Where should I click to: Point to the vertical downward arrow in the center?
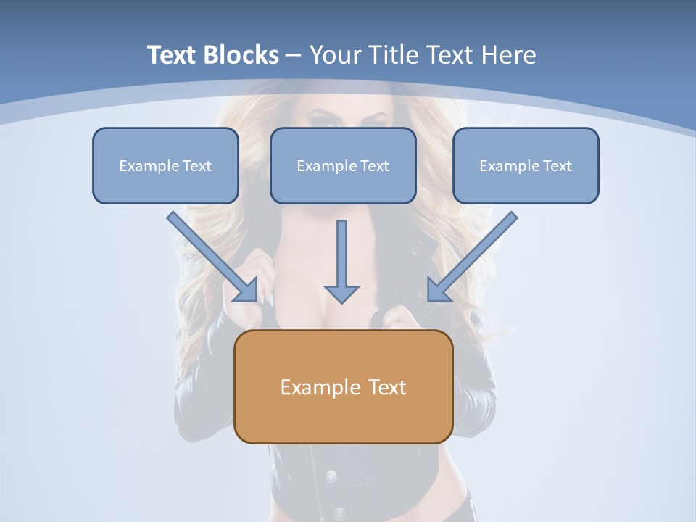point(341,254)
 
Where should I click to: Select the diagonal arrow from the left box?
point(210,255)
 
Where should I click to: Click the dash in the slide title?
point(294,55)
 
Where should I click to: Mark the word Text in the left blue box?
point(197,166)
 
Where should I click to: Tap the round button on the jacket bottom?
point(331,476)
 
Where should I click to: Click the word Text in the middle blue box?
point(375,166)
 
